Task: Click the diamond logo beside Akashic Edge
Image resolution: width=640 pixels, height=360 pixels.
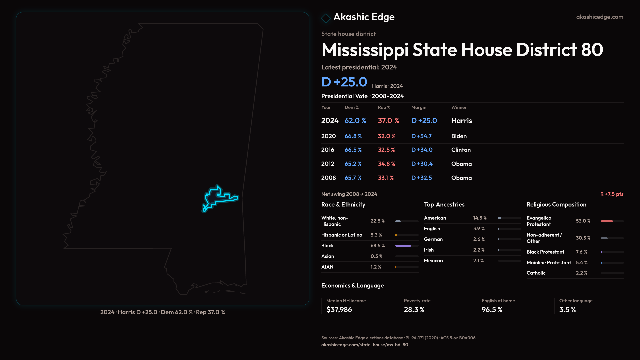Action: pos(326,18)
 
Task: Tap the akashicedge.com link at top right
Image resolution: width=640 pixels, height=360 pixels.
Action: pos(600,17)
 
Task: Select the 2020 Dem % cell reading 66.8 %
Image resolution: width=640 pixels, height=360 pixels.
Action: pos(353,136)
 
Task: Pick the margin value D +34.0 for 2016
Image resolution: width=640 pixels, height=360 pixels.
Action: pos(422,150)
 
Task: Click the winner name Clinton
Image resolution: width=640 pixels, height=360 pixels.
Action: pos(461,150)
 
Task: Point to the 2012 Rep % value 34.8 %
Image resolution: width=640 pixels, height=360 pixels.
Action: pos(386,164)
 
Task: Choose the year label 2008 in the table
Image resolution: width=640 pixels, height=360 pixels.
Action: pos(328,178)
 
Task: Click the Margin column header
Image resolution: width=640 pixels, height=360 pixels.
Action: pos(419,107)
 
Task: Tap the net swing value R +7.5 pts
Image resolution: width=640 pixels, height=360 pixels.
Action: pos(612,194)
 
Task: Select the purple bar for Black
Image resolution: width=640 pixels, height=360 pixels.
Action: pos(403,246)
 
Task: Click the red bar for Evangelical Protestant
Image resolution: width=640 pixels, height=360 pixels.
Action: pos(607,221)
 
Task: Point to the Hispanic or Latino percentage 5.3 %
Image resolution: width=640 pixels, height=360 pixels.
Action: pos(376,235)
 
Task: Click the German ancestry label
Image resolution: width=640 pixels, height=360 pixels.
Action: pos(433,239)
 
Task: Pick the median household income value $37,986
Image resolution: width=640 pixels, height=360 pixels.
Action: pos(339,310)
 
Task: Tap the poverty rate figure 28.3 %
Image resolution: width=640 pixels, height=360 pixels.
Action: pos(414,310)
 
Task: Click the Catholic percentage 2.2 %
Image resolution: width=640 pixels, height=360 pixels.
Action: pos(581,273)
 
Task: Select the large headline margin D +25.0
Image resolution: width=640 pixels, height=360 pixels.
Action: pos(344,82)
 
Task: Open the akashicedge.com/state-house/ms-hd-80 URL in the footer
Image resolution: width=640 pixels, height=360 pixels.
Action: pos(364,345)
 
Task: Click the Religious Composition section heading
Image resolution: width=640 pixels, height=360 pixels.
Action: pos(556,205)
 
